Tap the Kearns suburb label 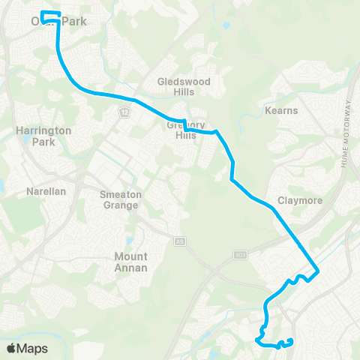point(282,111)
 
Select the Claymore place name point(299,200)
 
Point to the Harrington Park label point(43,135)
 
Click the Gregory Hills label point(185,130)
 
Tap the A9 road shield point(180,241)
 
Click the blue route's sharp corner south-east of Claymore point(319,271)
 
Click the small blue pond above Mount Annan point(130,241)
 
